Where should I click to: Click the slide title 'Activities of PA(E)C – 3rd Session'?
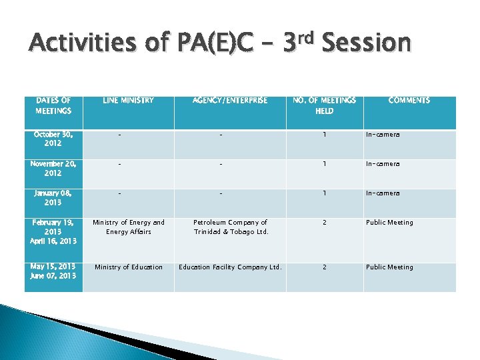(220, 44)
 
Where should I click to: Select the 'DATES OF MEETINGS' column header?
(53, 105)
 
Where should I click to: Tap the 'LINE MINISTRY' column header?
(129, 101)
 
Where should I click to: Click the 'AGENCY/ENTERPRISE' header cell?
(230, 101)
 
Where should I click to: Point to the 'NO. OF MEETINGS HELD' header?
(325, 105)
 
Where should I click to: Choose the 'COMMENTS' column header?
(409, 101)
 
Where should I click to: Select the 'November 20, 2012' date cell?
(53, 168)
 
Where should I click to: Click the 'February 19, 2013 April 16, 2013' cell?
(53, 232)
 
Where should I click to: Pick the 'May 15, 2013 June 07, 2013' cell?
(53, 271)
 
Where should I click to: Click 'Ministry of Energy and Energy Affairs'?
(129, 227)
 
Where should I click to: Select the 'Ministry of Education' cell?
(129, 267)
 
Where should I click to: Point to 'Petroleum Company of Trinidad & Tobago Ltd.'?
(230, 227)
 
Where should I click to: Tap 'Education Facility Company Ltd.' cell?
(230, 267)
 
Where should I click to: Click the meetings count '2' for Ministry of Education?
(325, 267)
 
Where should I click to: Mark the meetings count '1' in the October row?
(325, 135)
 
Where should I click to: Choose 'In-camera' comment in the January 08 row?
(383, 193)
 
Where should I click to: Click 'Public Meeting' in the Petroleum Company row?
(389, 223)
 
